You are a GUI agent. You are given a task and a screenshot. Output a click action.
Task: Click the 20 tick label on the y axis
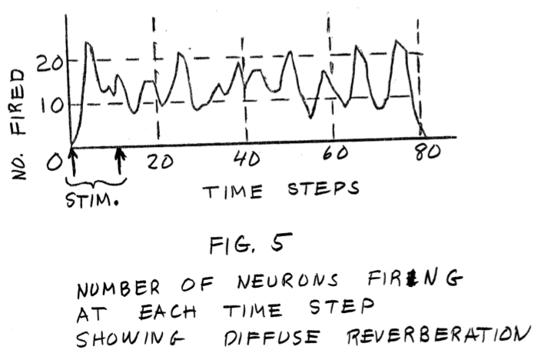click(x=46, y=61)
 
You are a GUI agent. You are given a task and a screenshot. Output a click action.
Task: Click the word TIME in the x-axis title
click(x=234, y=192)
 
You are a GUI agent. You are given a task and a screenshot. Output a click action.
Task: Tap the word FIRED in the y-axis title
click(x=18, y=94)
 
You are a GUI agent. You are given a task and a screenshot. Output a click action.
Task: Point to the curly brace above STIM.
click(x=95, y=182)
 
